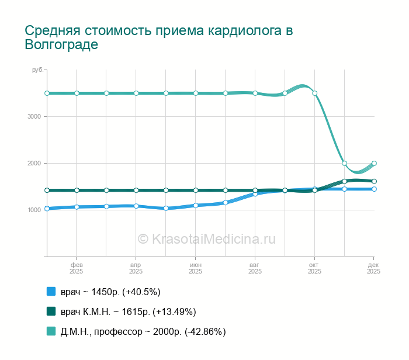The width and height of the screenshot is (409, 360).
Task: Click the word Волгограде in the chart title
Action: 61,44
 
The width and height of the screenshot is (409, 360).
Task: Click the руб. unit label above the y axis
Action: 37,70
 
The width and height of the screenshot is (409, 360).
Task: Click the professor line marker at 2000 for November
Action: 345,164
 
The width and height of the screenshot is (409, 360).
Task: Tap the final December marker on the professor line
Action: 374,164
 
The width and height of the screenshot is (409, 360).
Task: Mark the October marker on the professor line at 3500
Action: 314,93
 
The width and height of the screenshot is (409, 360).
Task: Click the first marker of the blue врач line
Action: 47,209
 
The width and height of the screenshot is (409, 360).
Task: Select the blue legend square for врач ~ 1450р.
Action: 51,292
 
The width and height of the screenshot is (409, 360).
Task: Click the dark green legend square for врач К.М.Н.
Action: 51,311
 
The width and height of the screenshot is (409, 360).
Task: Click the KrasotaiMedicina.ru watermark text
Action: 206,238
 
